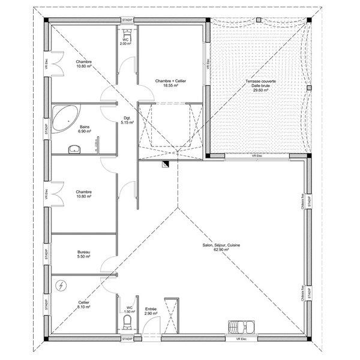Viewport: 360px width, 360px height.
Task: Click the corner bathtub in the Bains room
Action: (x=63, y=118)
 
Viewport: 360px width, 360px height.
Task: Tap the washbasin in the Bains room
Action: (x=74, y=148)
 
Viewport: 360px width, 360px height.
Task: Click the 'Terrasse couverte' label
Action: (x=260, y=81)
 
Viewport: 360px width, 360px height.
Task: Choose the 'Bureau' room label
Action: (x=83, y=252)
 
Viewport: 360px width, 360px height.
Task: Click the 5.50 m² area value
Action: (x=83, y=257)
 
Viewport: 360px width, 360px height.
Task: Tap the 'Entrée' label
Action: (x=151, y=308)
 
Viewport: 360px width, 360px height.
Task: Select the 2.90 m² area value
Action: (x=151, y=313)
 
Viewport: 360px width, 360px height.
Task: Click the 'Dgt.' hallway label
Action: (x=127, y=118)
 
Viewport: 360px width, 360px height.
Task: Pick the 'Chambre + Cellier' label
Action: (x=170, y=81)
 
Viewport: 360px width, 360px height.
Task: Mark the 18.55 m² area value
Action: (x=170, y=86)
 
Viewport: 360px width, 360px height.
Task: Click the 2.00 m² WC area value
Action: (x=125, y=44)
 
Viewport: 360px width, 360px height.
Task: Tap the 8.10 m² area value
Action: (x=83, y=307)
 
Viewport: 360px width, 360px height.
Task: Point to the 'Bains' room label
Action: (x=85, y=127)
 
